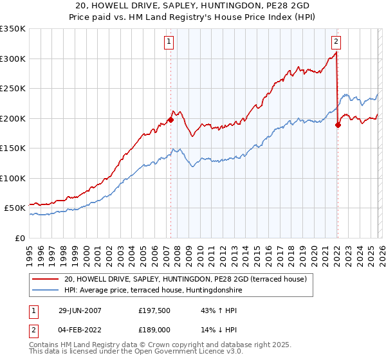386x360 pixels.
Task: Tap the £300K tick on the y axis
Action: point(13,59)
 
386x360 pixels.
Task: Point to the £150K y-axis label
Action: point(13,148)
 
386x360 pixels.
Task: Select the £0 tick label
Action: point(20,238)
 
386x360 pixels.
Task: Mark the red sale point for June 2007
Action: point(171,120)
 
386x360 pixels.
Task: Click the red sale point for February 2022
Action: point(338,125)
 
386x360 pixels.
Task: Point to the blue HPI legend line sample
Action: point(46,290)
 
